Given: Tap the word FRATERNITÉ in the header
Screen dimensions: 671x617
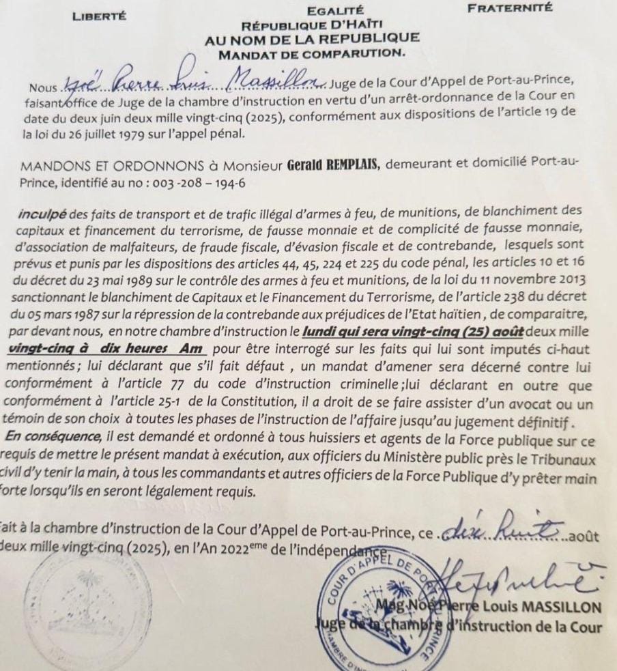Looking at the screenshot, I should click(x=508, y=10).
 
